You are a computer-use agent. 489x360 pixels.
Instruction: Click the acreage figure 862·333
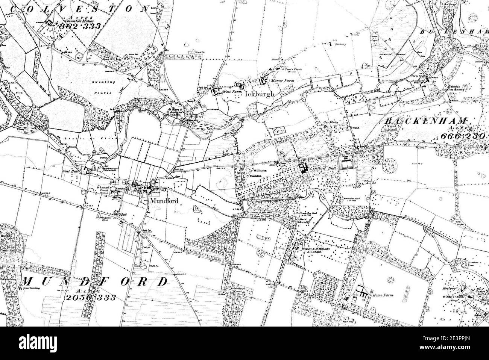(x=80, y=27)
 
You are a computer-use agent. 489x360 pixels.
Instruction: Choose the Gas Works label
(x=330, y=123)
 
